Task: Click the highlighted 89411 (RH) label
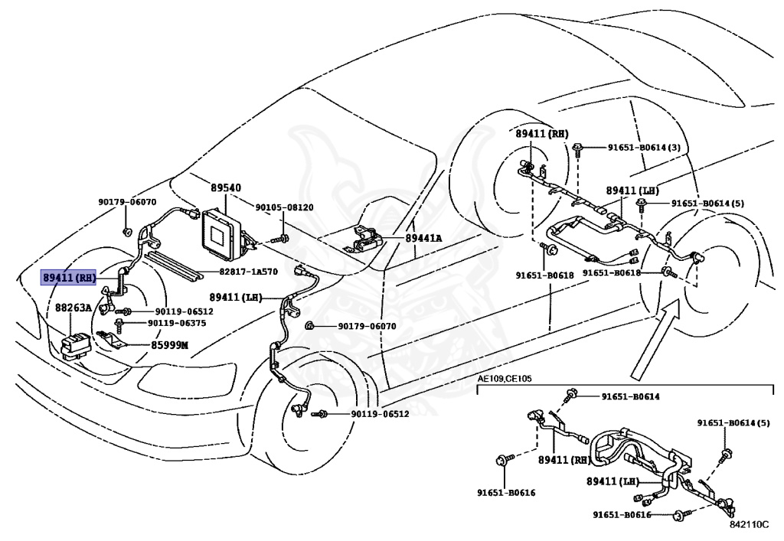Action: [x=68, y=278]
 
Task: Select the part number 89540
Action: [x=226, y=188]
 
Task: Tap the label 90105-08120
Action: [x=285, y=207]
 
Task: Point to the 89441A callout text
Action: [x=423, y=238]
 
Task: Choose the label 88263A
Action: [x=73, y=308]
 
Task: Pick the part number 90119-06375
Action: [x=177, y=323]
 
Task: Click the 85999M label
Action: [x=169, y=345]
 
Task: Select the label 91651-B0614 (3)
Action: [x=644, y=148]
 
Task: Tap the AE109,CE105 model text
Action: [x=504, y=379]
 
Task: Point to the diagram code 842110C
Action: [x=749, y=524]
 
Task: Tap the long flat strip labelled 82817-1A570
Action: [x=171, y=267]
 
